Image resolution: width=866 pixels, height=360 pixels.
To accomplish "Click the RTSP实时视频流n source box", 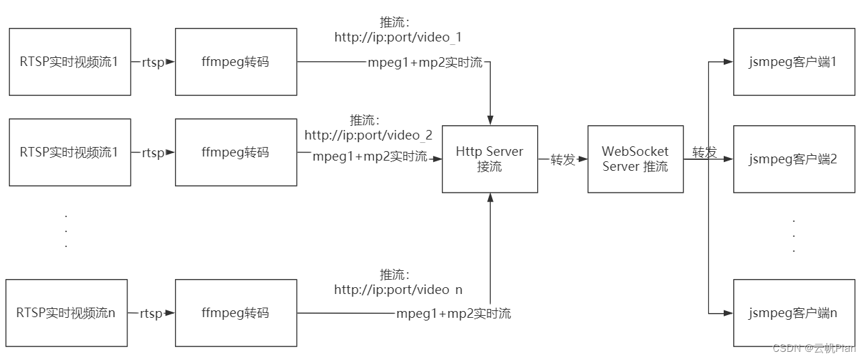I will (66, 313).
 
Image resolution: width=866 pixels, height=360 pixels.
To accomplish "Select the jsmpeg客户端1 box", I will (793, 62).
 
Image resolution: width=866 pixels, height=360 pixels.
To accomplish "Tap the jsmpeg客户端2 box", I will (793, 160).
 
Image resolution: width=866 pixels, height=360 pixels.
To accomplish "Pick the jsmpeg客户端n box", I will (793, 313).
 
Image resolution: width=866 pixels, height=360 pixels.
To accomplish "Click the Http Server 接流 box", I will (490, 159).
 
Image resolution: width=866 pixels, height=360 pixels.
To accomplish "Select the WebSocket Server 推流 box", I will (635, 159).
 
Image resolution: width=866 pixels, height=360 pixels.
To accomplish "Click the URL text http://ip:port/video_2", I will (368, 135).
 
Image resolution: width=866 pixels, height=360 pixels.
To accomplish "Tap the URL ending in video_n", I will (398, 290).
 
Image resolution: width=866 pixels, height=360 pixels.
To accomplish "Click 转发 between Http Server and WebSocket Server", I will (563, 160).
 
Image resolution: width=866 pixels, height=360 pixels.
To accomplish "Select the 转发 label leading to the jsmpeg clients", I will (705, 152).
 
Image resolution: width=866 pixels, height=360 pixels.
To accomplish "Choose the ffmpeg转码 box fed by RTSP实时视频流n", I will (236, 313).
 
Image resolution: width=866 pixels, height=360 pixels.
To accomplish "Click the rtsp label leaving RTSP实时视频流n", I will (151, 314).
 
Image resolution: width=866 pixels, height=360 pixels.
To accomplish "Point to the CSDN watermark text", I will (813, 348).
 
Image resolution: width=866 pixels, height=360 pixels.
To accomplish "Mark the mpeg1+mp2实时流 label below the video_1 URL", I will (425, 63).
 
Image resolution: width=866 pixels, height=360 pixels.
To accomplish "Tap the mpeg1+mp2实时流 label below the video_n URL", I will (453, 314).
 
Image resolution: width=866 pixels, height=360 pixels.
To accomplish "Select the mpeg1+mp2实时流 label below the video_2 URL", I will (370, 157).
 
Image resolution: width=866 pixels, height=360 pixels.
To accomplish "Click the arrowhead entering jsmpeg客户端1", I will (728, 62).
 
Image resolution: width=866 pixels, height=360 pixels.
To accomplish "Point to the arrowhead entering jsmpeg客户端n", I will (728, 313).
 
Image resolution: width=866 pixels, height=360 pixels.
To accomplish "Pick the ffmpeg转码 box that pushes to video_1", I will (236, 62).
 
